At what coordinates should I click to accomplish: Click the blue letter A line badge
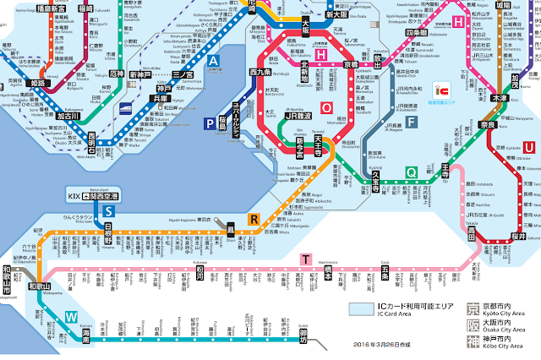(x=213, y=61)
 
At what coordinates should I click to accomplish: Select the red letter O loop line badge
(x=326, y=107)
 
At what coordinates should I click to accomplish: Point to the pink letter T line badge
(x=306, y=259)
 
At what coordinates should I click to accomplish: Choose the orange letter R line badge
(x=252, y=220)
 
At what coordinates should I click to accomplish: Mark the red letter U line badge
(x=529, y=148)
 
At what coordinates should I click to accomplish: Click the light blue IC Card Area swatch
(x=366, y=308)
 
